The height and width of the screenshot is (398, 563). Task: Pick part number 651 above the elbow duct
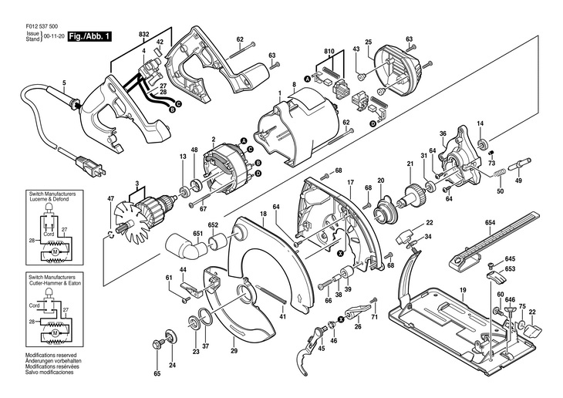[x=198, y=233]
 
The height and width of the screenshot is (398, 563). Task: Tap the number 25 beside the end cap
[x=369, y=41]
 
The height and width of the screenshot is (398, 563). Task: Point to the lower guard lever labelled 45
[x=312, y=349]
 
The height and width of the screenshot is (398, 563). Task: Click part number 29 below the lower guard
[x=234, y=351]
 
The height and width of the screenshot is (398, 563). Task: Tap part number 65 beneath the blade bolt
[x=157, y=374]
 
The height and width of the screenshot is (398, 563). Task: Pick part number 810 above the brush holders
[x=329, y=52]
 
